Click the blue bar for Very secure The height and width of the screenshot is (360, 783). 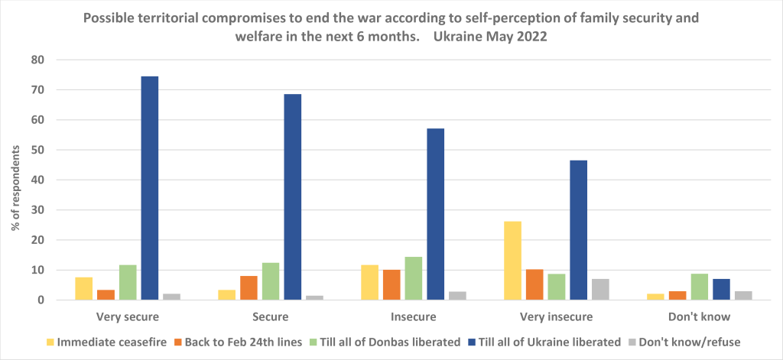[149, 188]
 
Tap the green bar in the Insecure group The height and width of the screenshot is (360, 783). [414, 278]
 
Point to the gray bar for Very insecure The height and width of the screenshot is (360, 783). [600, 290]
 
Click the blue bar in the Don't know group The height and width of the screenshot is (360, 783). [722, 290]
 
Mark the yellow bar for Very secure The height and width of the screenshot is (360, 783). [84, 289]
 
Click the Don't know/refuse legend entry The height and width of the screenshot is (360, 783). [692, 342]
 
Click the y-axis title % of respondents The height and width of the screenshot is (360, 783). [15, 180]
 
